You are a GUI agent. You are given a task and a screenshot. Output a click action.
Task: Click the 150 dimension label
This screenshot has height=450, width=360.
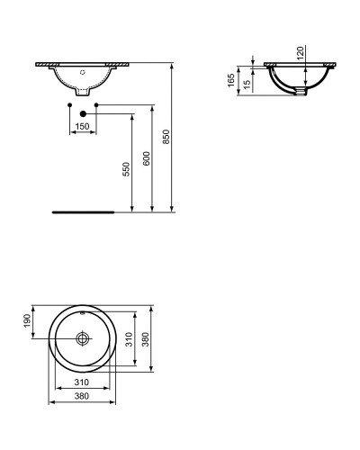point(83,127)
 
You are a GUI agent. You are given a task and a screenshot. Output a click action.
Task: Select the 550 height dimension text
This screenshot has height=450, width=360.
point(127,168)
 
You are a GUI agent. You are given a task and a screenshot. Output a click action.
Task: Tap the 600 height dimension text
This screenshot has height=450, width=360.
point(147,157)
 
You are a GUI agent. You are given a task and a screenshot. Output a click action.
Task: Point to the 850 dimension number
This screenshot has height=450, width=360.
point(166,136)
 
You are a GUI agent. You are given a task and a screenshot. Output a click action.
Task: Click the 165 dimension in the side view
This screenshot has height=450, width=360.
point(233,79)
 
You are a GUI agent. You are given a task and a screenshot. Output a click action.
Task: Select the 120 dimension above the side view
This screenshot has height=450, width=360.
point(302,51)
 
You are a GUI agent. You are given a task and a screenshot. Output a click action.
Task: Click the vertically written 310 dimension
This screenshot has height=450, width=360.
point(129,339)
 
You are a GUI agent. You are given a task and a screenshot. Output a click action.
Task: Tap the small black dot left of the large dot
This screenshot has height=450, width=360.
point(69,106)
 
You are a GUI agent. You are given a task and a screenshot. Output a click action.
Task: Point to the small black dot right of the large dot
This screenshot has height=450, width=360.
point(96,106)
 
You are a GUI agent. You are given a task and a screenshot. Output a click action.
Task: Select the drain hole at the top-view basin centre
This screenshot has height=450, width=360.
point(83,339)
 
